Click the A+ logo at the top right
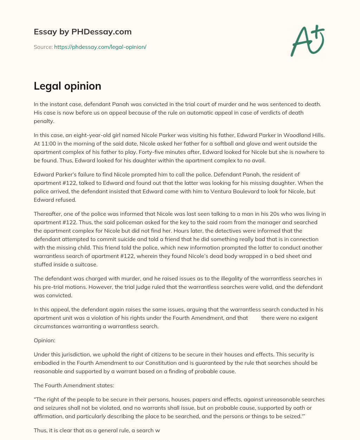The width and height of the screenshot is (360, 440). tap(307, 41)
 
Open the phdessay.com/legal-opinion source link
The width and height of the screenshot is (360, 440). tap(100, 47)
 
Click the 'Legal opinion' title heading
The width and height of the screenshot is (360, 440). tap(67, 86)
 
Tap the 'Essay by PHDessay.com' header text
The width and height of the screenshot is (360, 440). tap(83, 32)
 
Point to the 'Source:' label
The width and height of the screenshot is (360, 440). tap(43, 47)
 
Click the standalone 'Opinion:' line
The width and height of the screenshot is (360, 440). tap(45, 340)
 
